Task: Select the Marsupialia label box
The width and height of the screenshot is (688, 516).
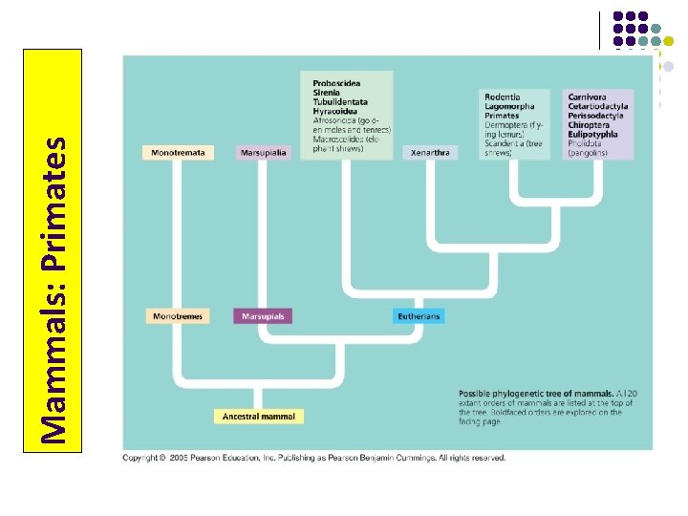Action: point(263,153)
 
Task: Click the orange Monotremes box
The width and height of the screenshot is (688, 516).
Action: point(177,316)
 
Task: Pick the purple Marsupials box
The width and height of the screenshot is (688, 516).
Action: point(262,316)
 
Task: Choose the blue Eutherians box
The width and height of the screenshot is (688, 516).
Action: point(419,316)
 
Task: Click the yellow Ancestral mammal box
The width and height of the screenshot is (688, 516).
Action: point(258,417)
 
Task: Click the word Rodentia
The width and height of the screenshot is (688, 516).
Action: point(503,97)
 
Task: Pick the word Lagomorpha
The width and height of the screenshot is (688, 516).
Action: point(509,107)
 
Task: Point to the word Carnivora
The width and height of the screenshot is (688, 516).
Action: point(587,97)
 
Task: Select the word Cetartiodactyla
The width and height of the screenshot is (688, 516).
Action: point(595,107)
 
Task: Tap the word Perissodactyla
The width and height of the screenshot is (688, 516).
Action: point(595,116)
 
